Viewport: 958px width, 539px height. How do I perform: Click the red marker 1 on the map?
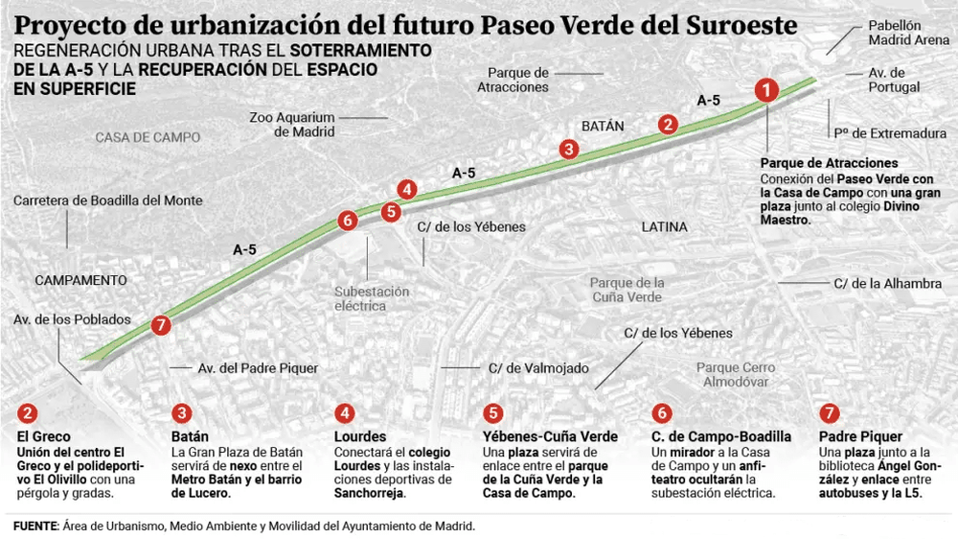[x=765, y=91]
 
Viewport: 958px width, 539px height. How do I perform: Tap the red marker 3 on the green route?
[x=569, y=149]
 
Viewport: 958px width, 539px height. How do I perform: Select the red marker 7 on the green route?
[x=161, y=325]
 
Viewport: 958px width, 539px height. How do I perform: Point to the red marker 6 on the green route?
[x=347, y=221]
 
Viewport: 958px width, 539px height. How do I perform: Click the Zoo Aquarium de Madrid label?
[x=291, y=125]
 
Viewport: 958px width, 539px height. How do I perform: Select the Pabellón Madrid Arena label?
[x=895, y=34]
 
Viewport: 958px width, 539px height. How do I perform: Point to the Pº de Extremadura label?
[x=890, y=133]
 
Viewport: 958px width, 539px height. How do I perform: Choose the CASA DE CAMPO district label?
[x=148, y=137]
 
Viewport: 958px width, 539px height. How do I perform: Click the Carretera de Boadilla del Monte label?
[x=108, y=200]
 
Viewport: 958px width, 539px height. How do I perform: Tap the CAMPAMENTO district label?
[x=80, y=280]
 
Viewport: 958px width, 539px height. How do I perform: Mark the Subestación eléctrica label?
[x=372, y=299]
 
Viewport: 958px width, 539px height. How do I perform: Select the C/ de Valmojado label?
[x=538, y=367]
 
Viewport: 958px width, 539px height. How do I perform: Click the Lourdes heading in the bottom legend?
[x=361, y=436]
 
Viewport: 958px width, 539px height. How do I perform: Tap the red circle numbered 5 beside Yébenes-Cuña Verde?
[x=493, y=413]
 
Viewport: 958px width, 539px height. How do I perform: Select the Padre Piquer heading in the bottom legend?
[x=848, y=436]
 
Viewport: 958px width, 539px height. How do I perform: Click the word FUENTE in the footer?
[x=35, y=526]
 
